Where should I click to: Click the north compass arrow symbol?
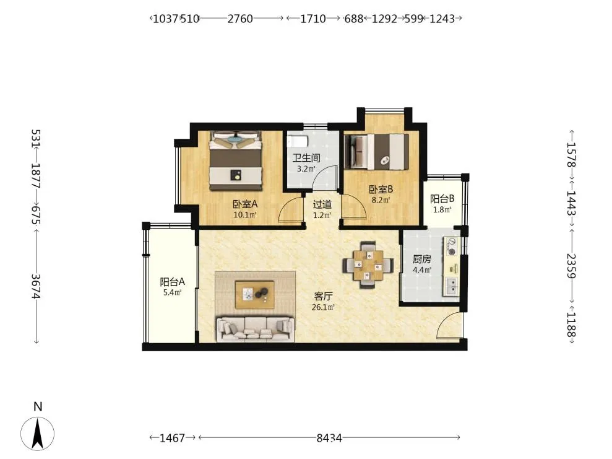tap(38, 433)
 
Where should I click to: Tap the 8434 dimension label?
tap(329, 439)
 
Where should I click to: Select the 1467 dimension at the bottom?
tap(172, 439)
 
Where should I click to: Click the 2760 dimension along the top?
tap(240, 19)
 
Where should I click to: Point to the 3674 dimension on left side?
tap(37, 286)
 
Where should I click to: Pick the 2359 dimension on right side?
tap(571, 266)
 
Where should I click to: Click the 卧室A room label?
tap(245, 204)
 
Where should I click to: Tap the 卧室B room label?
tap(381, 190)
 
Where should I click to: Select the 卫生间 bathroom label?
tap(306, 158)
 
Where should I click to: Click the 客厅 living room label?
tap(323, 297)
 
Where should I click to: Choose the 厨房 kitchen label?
tap(421, 259)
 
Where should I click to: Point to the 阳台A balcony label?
tap(172, 282)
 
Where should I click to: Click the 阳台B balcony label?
tap(442, 199)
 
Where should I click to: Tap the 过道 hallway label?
tap(322, 204)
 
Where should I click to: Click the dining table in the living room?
tap(368, 265)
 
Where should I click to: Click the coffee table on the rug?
tap(254, 295)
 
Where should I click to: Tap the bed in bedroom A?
tap(235, 161)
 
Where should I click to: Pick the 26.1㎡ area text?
tap(323, 307)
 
